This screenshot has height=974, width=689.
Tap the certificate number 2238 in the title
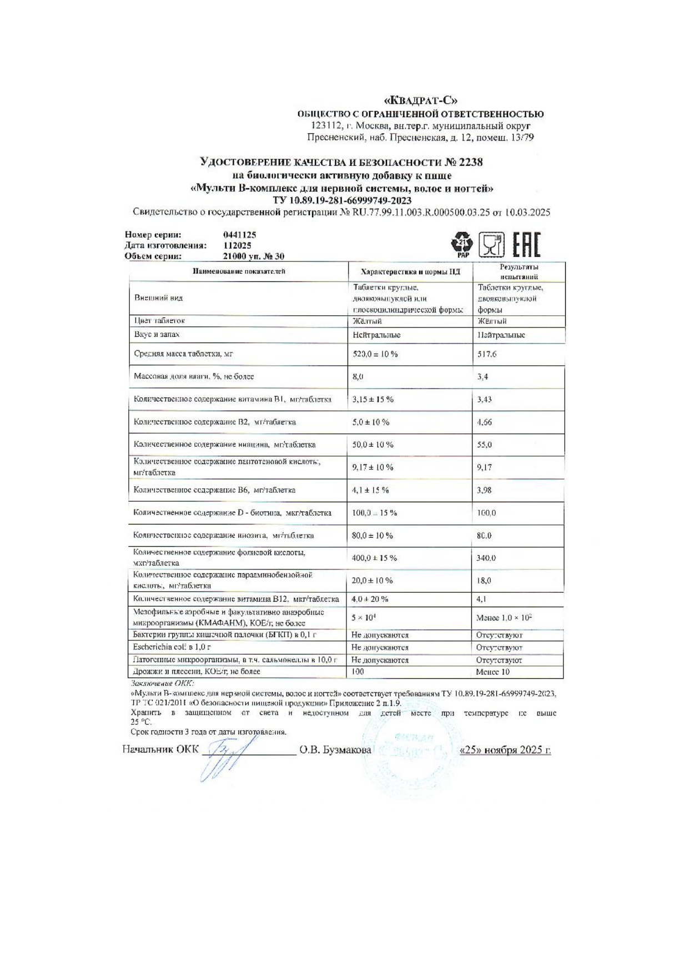[471, 163]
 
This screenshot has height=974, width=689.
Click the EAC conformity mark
[526, 245]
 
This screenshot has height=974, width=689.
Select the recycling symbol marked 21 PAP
[462, 245]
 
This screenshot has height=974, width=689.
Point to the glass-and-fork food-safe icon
[491, 245]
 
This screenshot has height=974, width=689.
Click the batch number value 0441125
[239, 235]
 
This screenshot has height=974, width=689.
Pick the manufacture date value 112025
[237, 245]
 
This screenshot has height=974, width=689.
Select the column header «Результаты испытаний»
[519, 272]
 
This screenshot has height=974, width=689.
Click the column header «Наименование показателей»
[239, 271]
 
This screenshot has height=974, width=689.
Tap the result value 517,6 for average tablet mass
[486, 354]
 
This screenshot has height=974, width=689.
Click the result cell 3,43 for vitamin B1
[484, 400]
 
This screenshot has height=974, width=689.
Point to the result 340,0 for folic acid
[486, 558]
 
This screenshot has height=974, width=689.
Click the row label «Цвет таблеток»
[159, 321]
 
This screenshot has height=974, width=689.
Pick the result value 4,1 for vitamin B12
[481, 599]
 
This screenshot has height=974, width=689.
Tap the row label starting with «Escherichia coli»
[172, 647]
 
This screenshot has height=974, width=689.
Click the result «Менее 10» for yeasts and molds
[492, 672]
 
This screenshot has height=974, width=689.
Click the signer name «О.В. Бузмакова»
[335, 750]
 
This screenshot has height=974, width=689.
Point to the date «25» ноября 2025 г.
[505, 750]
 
